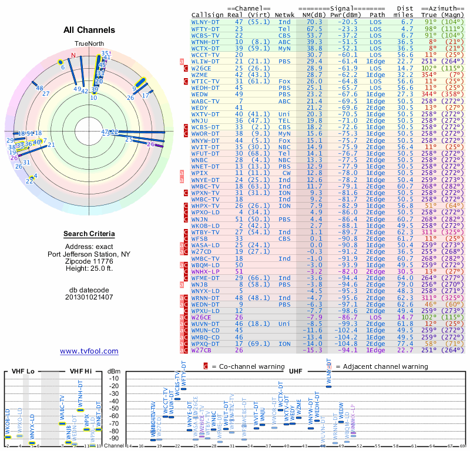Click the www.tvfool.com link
click(x=89, y=351)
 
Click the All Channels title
click(x=89, y=29)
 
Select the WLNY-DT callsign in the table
click(x=206, y=22)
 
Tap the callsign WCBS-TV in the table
click(x=206, y=35)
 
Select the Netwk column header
click(x=284, y=15)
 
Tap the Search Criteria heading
click(x=89, y=234)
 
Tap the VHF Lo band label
click(x=23, y=371)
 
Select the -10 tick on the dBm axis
click(x=115, y=378)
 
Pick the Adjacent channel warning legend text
click(x=378, y=366)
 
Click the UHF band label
click(x=296, y=371)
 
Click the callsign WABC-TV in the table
click(x=206, y=101)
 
